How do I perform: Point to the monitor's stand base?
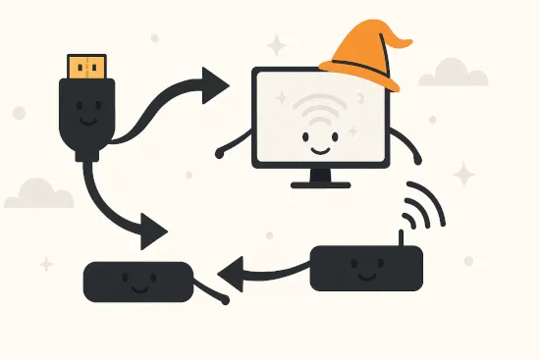320,183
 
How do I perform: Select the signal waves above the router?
424,206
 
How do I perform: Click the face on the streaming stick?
136,284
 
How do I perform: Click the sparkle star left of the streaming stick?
46,263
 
